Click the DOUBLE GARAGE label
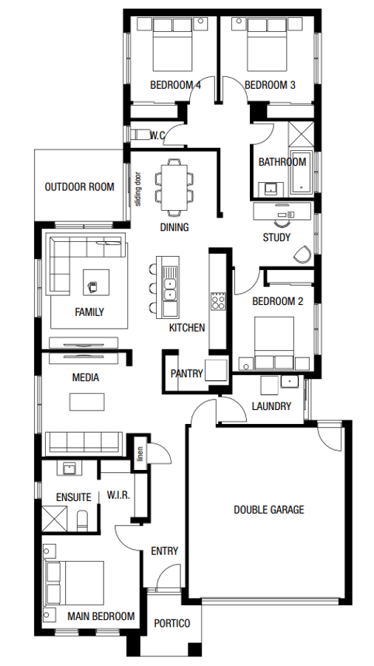coord(268,509)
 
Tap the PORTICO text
coord(171,623)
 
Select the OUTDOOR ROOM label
coord(80,187)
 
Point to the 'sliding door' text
coord(137,189)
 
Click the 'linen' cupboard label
coord(138,454)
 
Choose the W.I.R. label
coord(118,494)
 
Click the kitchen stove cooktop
coord(218,300)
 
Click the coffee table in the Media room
coord(87,401)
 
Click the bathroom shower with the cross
coord(301,137)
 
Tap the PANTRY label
coord(186,373)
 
